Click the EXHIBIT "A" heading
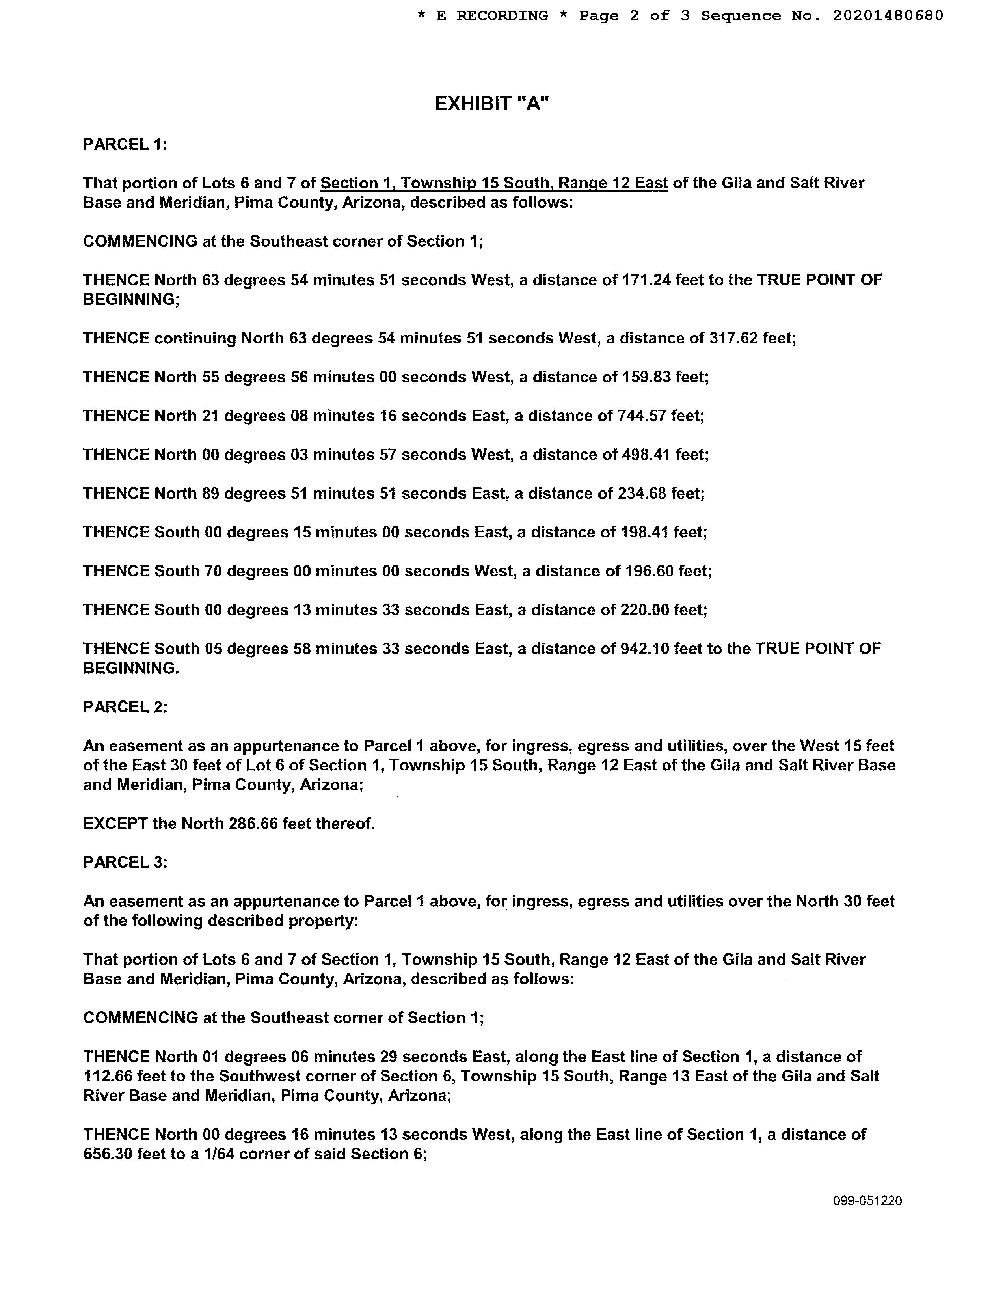click(492, 104)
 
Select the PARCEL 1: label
click(125, 144)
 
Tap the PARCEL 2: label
click(125, 707)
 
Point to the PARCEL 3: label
click(125, 863)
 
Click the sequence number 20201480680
click(888, 15)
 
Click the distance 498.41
click(646, 455)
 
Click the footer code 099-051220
click(867, 1201)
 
